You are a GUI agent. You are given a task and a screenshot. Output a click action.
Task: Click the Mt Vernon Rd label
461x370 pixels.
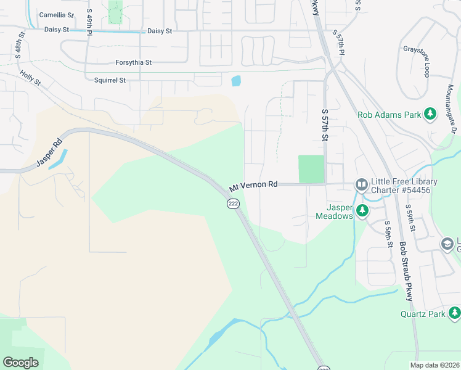[253, 185]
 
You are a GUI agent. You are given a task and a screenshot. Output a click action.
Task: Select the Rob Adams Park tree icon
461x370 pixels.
[430, 114]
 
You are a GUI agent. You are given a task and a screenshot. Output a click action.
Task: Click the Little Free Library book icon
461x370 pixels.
[361, 184]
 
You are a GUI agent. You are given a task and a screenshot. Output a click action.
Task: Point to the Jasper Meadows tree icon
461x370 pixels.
[363, 211]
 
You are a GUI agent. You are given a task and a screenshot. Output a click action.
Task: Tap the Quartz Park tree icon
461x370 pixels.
[454, 313]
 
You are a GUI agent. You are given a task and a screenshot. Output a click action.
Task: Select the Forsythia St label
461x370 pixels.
[133, 62]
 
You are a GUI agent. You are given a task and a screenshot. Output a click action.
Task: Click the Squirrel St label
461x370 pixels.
[110, 80]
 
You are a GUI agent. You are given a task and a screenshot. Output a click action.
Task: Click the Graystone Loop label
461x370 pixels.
[426, 61]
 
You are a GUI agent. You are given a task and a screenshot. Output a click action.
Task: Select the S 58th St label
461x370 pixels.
[388, 234]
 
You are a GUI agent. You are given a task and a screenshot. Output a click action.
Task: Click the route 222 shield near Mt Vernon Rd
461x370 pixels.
[233, 204]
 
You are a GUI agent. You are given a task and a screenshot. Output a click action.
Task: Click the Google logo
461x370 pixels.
[20, 363]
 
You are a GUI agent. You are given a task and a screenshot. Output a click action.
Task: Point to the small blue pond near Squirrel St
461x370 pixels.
[235, 80]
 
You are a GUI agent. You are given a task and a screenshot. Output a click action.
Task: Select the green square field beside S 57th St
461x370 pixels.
[311, 169]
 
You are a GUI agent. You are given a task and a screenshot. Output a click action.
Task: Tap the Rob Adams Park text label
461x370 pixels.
[389, 115]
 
